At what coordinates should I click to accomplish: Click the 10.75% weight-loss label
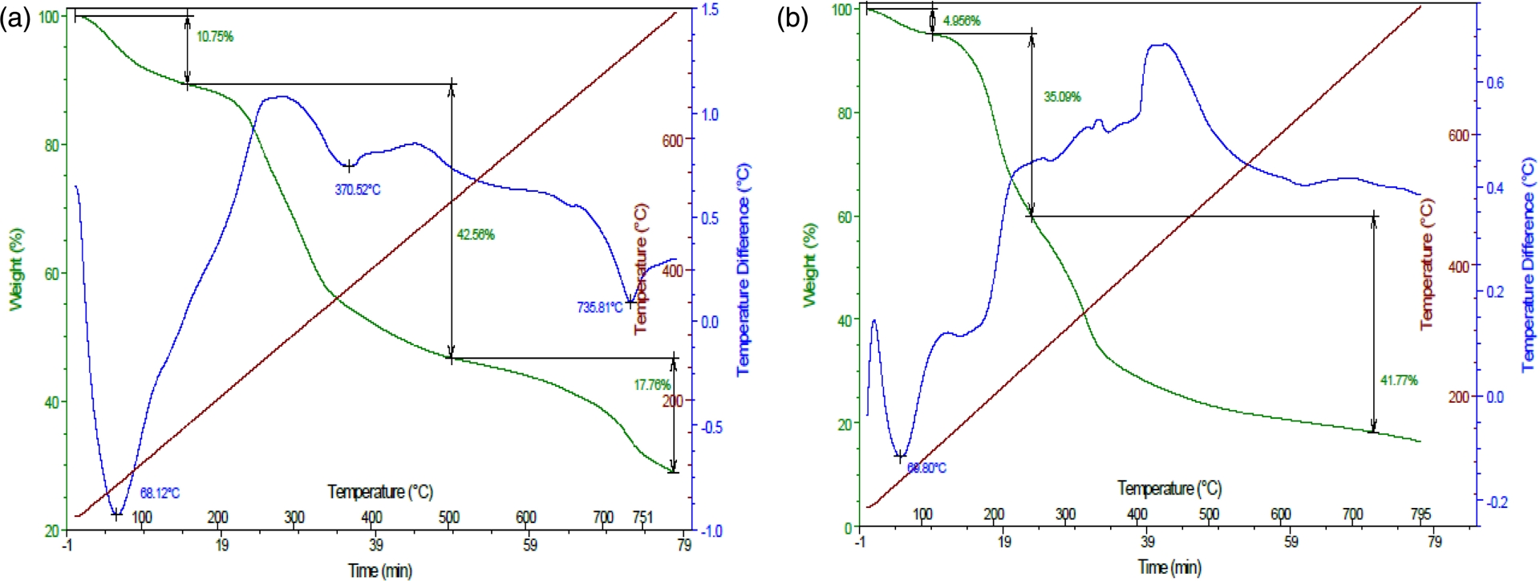215,37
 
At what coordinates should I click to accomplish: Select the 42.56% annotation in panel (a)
476,235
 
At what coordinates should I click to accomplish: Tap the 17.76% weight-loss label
651,385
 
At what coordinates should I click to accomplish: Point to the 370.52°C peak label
358,190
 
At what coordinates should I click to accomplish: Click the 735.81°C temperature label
599,307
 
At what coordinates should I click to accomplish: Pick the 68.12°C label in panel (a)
160,494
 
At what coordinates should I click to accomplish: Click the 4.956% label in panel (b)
961,21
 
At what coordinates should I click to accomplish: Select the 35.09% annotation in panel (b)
1062,97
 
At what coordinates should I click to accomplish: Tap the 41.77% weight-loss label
1398,380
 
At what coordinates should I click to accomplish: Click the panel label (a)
15,18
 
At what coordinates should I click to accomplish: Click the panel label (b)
792,18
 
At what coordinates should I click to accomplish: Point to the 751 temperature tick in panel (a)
642,518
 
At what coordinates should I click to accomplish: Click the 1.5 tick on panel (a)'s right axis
710,10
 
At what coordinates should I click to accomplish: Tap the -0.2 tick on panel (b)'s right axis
1497,502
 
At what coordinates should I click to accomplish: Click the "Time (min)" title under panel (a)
380,571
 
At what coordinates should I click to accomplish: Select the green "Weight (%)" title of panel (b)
810,265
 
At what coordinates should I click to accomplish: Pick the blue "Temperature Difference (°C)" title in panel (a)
744,270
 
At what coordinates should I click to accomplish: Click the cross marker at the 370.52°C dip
348,167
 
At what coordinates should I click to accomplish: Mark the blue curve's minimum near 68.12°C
117,514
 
